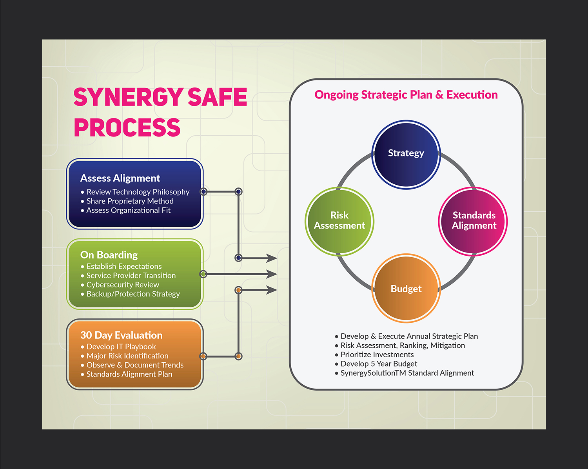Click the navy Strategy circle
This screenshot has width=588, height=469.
coord(406,155)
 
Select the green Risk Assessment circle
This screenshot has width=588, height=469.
coord(339,221)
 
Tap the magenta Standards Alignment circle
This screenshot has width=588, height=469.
coord(473,221)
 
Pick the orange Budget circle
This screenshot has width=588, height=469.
coord(406,288)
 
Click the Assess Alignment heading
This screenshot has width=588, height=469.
coord(120,178)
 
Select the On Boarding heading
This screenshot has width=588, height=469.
coord(109,255)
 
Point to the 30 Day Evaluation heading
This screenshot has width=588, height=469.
coord(121,335)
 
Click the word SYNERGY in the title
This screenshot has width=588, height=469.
coord(128,97)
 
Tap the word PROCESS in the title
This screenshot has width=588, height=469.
coord(127,128)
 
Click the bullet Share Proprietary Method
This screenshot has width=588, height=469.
coord(130,201)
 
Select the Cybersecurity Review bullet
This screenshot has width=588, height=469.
coord(123,285)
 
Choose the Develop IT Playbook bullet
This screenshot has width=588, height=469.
coord(121,347)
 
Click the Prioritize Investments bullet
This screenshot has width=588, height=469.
coord(377,354)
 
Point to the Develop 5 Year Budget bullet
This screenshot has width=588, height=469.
coord(379,364)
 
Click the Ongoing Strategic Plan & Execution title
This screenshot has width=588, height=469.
coord(406,95)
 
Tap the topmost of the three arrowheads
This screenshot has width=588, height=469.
coord(272,258)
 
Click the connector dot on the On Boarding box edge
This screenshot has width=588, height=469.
coord(203,274)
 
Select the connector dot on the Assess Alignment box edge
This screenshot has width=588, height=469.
coord(203,192)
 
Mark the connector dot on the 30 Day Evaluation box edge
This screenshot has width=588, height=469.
coord(203,356)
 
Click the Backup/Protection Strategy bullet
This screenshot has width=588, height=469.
coord(133,294)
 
